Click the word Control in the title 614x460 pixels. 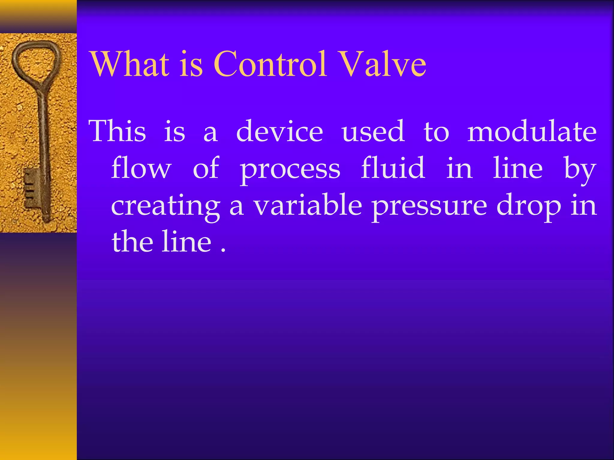(270, 64)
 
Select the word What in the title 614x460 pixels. (130, 64)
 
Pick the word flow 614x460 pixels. (141, 168)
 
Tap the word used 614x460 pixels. (373, 132)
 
